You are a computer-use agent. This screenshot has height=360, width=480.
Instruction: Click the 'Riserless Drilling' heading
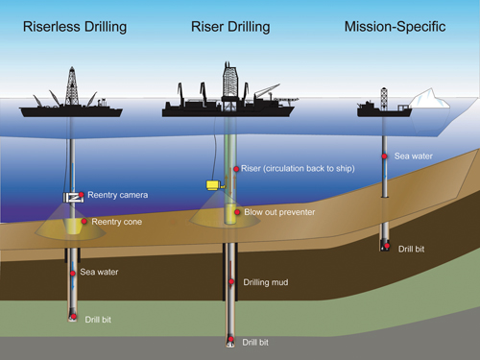74,26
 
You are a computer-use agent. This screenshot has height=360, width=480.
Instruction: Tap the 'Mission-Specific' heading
395,26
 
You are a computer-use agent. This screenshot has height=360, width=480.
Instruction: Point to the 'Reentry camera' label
119,195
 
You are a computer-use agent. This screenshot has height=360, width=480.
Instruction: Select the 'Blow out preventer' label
278,211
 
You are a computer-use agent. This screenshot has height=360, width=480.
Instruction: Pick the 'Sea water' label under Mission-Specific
414,155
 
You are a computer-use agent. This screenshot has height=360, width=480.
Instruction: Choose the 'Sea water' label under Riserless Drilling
99,272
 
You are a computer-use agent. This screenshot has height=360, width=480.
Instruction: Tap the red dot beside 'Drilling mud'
234,282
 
